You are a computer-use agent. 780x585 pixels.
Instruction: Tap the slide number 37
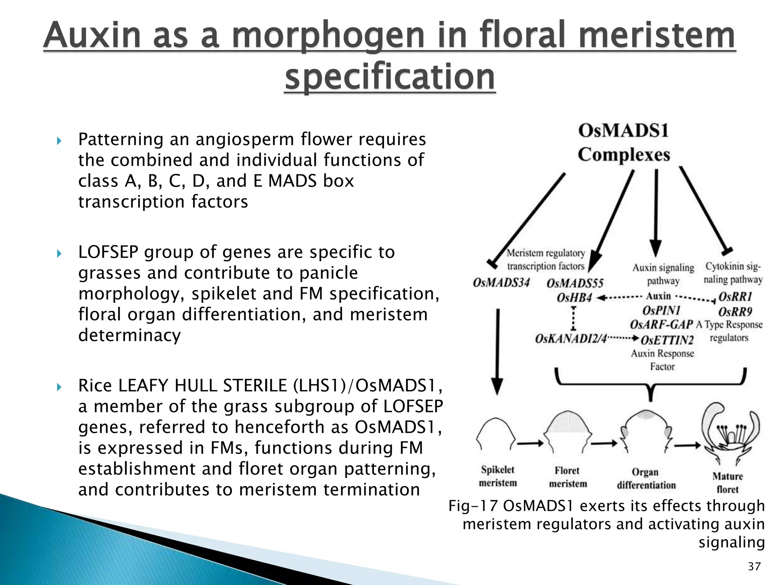754,567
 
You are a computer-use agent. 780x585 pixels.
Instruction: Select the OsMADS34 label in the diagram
501,283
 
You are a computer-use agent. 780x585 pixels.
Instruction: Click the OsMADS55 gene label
575,283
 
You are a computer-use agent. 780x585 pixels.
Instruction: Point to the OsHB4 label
574,297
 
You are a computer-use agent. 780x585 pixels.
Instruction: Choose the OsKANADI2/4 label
571,338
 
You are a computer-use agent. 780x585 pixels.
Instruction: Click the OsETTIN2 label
667,339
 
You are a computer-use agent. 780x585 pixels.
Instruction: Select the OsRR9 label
735,312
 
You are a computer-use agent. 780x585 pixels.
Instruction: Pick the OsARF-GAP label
661,324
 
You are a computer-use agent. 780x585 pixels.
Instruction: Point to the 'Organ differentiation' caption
646,478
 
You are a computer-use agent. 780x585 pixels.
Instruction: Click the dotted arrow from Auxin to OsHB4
619,297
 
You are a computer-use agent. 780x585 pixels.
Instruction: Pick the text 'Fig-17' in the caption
473,506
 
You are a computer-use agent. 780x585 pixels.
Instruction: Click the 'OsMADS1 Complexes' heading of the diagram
623,142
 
